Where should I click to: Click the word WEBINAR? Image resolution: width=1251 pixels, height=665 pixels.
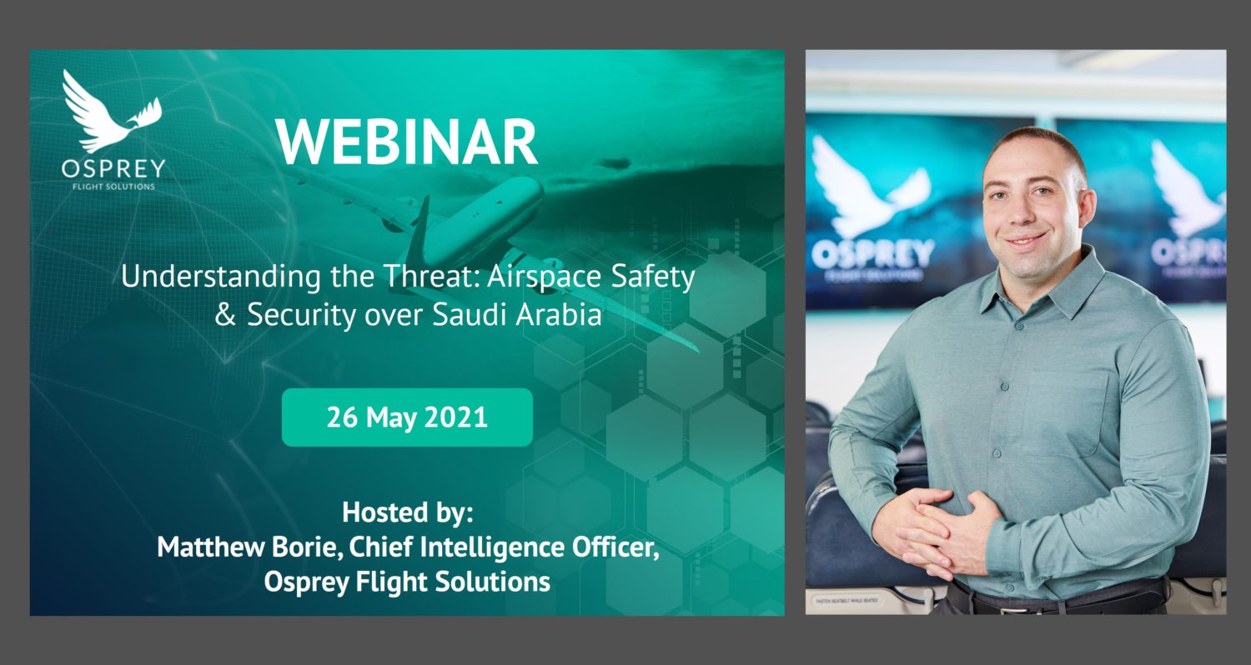(x=407, y=142)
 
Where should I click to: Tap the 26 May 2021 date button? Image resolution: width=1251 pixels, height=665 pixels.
(x=407, y=417)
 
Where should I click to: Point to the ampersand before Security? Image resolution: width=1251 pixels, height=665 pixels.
(x=225, y=317)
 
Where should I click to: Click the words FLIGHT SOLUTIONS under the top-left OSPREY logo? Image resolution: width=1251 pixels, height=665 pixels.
(x=113, y=186)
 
